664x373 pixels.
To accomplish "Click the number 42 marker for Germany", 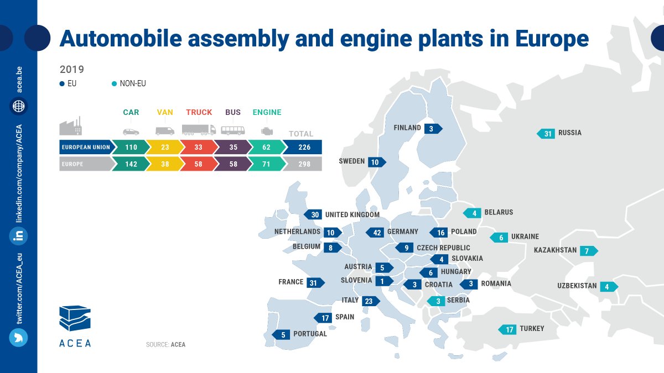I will point(377,232).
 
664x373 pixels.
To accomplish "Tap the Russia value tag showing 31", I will point(547,133).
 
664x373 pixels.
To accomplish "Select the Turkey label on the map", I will point(531,329).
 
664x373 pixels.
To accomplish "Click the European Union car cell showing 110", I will point(131,148).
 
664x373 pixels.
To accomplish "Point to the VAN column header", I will point(165,112).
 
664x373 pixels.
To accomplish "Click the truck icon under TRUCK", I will point(199,130).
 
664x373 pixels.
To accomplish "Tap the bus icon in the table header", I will point(233,130).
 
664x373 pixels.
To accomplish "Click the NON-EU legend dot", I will point(114,84).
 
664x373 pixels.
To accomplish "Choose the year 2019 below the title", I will point(72,70).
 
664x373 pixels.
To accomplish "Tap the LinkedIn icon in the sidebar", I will point(18,236).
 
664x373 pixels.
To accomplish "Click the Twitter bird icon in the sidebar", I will point(18,337).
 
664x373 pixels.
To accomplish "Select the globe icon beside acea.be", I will point(18,106).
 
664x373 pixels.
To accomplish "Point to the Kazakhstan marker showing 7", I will point(588,251).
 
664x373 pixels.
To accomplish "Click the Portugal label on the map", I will point(310,334).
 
